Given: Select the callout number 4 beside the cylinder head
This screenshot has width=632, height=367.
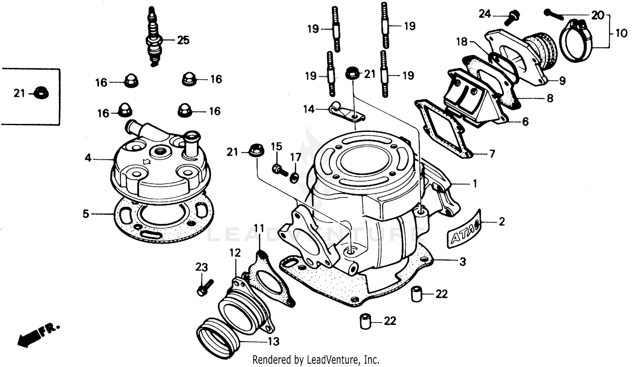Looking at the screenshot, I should pos(88,158).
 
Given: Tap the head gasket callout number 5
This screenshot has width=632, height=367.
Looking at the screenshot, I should pos(86,214).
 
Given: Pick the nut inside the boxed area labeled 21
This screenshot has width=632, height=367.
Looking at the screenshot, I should pos(41,92).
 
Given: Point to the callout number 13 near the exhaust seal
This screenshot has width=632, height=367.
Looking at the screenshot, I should pos(273,341).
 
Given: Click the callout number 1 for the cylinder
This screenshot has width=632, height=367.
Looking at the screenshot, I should pos(475,184).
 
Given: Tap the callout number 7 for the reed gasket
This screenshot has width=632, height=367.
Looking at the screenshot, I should pos(492,154).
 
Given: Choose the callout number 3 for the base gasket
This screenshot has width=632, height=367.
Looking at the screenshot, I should pos(463,262).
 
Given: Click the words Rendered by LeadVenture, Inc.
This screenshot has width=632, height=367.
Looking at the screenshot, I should pos(316,360).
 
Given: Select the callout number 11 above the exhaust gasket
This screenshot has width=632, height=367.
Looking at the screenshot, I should pos(259,228).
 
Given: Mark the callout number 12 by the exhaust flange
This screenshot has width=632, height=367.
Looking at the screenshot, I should pos(235,252).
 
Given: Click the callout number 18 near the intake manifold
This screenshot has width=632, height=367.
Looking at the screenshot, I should pos(462,41).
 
